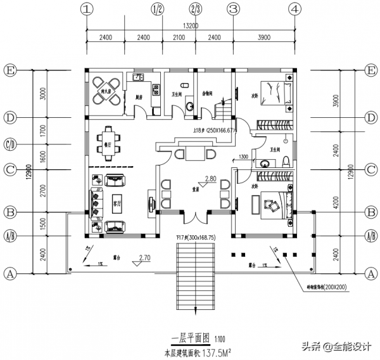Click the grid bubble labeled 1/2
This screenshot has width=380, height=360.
[x=158, y=10]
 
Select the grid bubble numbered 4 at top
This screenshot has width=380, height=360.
[x=294, y=10]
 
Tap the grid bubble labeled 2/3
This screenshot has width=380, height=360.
[x=195, y=10]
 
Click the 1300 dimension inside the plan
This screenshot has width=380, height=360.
[x=243, y=157]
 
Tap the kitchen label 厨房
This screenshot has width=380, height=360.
[x=139, y=98]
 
